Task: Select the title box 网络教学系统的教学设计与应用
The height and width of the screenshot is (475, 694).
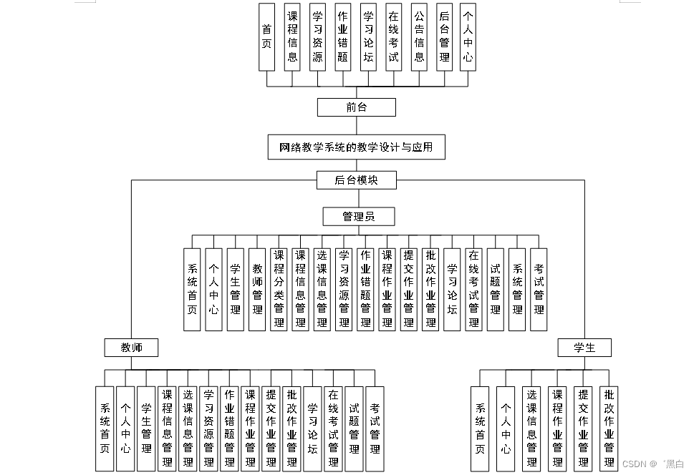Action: click(x=356, y=148)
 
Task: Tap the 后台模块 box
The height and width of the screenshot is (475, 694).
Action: click(x=356, y=180)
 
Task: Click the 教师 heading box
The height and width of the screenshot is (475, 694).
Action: click(x=131, y=348)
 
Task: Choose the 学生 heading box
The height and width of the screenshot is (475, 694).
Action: click(x=585, y=348)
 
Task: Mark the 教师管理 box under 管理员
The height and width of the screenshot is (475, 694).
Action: click(x=257, y=289)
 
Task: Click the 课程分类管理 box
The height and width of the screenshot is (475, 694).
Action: click(x=279, y=289)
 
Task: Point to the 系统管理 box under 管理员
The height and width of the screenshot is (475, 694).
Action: click(x=517, y=289)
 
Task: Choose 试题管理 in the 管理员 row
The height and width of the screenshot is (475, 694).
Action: click(x=495, y=289)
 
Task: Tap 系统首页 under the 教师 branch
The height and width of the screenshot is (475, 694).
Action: click(x=105, y=429)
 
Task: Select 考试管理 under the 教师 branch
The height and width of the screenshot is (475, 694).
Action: click(x=375, y=429)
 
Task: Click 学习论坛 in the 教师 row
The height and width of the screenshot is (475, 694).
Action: click(x=313, y=429)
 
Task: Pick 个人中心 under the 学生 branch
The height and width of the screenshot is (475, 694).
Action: click(x=506, y=429)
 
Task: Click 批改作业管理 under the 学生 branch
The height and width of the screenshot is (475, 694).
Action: click(x=609, y=429)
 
